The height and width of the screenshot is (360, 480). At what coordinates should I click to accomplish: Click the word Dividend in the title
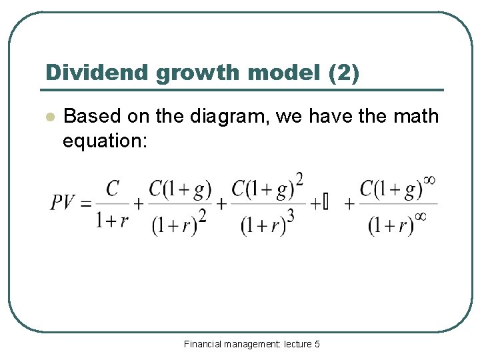click(97, 73)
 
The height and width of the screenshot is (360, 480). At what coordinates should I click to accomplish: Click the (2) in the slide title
click(343, 73)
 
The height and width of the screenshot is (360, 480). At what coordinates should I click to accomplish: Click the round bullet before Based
click(48, 117)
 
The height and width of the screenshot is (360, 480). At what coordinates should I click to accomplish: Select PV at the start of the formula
click(65, 202)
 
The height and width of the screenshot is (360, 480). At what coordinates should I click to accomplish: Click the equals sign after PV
click(85, 203)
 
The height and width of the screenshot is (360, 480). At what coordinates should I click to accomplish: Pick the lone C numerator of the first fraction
click(112, 189)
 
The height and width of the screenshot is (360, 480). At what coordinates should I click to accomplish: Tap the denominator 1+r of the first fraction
click(112, 221)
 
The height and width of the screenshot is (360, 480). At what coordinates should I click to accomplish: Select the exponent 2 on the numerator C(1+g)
click(299, 179)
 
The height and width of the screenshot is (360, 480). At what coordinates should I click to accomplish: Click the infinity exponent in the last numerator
click(429, 179)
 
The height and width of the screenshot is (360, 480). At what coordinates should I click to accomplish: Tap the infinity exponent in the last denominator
click(421, 216)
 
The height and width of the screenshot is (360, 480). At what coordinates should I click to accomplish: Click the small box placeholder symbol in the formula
click(325, 202)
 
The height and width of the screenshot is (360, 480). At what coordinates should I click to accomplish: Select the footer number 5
click(317, 344)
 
